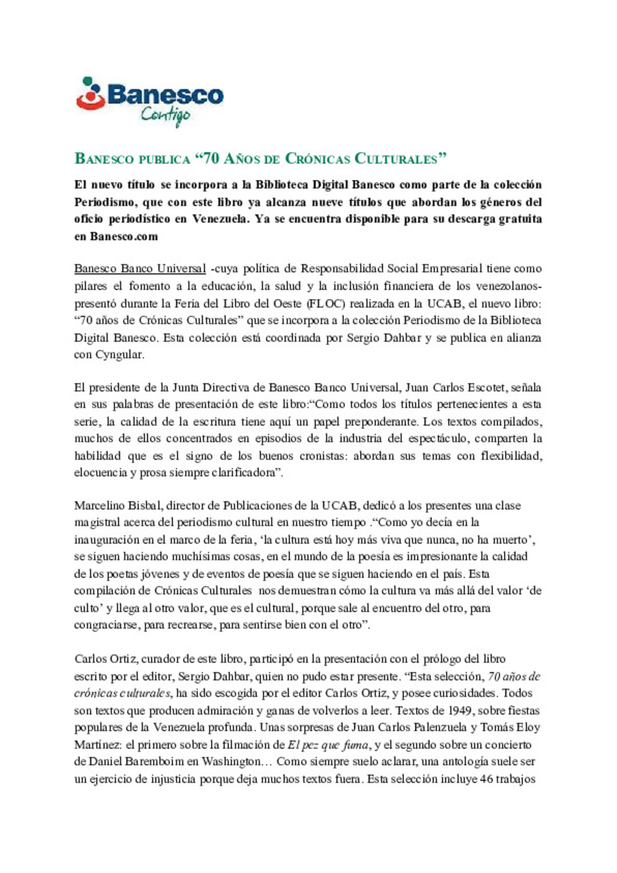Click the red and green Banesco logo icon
pyautogui.click(x=90, y=94)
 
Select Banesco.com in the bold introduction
pyautogui.click(x=123, y=236)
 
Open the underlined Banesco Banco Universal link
pyautogui.click(x=140, y=269)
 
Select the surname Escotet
pyautogui.click(x=486, y=387)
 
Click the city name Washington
pyautogui.click(x=231, y=762)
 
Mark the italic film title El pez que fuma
pyautogui.click(x=328, y=744)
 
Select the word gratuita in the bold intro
pyautogui.click(x=520, y=219)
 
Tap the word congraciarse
pyautogui.click(x=106, y=624)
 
